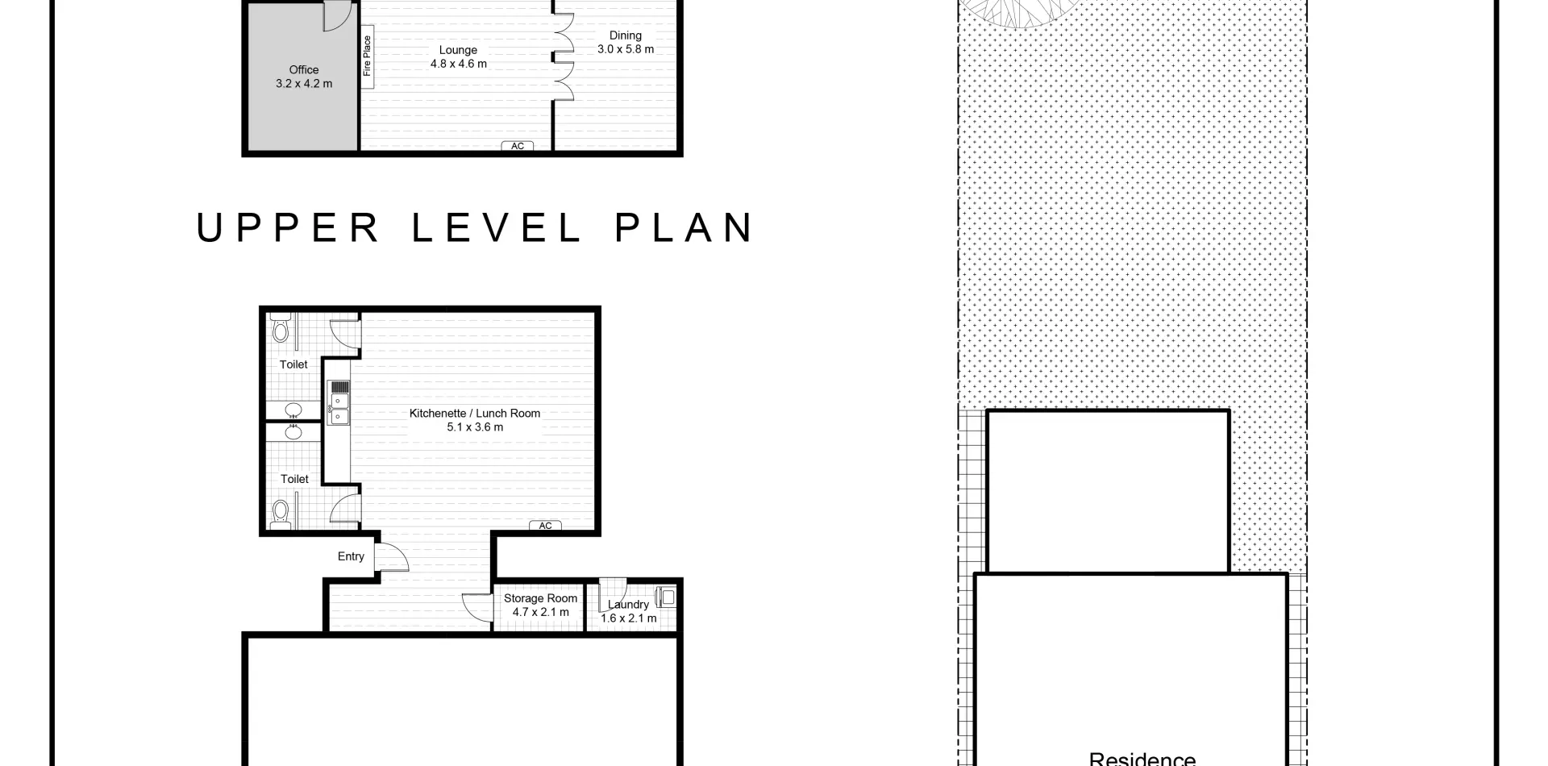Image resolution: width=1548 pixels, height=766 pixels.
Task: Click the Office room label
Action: click(304, 70)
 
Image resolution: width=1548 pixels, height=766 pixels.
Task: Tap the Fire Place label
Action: click(368, 56)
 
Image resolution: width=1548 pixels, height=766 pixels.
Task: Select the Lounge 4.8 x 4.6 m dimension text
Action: click(459, 64)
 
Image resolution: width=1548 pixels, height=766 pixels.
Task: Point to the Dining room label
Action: click(626, 35)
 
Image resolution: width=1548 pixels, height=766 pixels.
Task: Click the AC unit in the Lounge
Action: click(518, 146)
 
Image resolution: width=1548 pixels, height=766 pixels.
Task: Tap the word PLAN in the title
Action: click(685, 227)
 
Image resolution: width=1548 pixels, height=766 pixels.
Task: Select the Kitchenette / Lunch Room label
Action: click(475, 413)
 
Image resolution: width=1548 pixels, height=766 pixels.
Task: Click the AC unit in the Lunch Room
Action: click(546, 526)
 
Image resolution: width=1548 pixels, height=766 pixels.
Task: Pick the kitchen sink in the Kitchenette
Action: click(339, 408)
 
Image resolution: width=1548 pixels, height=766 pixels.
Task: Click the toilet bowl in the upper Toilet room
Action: click(281, 328)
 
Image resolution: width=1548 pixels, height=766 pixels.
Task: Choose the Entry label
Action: click(351, 556)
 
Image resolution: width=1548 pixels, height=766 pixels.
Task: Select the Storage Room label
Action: click(540, 598)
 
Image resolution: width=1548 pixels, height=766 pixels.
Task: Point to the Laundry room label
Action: click(628, 605)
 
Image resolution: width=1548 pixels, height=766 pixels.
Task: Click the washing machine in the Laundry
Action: click(666, 597)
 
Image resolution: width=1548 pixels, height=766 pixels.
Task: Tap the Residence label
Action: click(1142, 759)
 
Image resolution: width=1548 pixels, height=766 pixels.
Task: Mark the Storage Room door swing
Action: click(477, 607)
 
